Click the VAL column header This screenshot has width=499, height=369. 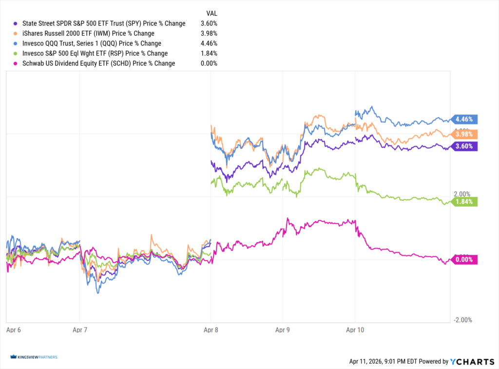211,13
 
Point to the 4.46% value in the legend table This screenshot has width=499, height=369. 209,43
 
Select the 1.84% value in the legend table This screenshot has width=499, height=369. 209,53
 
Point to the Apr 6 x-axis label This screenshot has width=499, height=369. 14,330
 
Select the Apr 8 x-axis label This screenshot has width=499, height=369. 211,330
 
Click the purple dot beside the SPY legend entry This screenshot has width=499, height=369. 16,23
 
